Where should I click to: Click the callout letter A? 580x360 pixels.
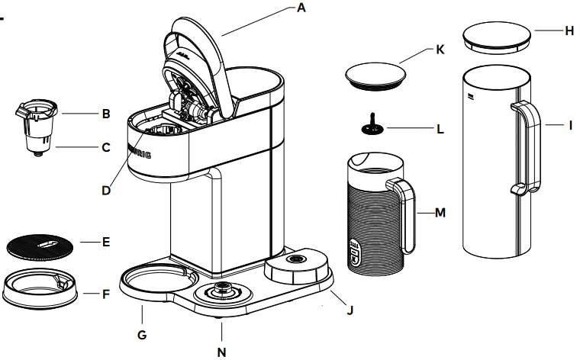(301, 8)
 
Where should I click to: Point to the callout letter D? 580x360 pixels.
(106, 190)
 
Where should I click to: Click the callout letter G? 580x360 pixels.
(142, 334)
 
